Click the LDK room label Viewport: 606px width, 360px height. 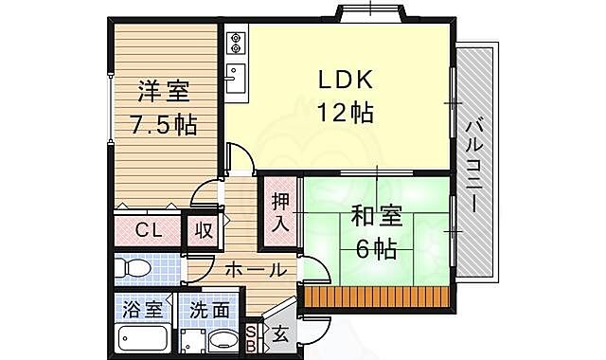(x=345, y=80)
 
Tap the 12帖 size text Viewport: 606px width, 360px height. (x=345, y=113)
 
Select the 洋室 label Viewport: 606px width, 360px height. (x=164, y=92)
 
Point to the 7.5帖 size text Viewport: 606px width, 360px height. (x=164, y=125)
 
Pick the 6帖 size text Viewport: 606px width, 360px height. (x=378, y=251)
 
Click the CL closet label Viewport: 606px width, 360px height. (x=147, y=230)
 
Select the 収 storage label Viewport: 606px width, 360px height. (x=203, y=230)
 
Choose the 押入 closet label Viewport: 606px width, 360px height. (x=280, y=212)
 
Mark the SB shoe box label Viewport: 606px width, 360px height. (x=251, y=336)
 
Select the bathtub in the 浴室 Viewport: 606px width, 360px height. (x=142, y=337)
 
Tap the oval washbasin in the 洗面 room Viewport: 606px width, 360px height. (x=223, y=340)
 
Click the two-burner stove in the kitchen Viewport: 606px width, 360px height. (x=237, y=42)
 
